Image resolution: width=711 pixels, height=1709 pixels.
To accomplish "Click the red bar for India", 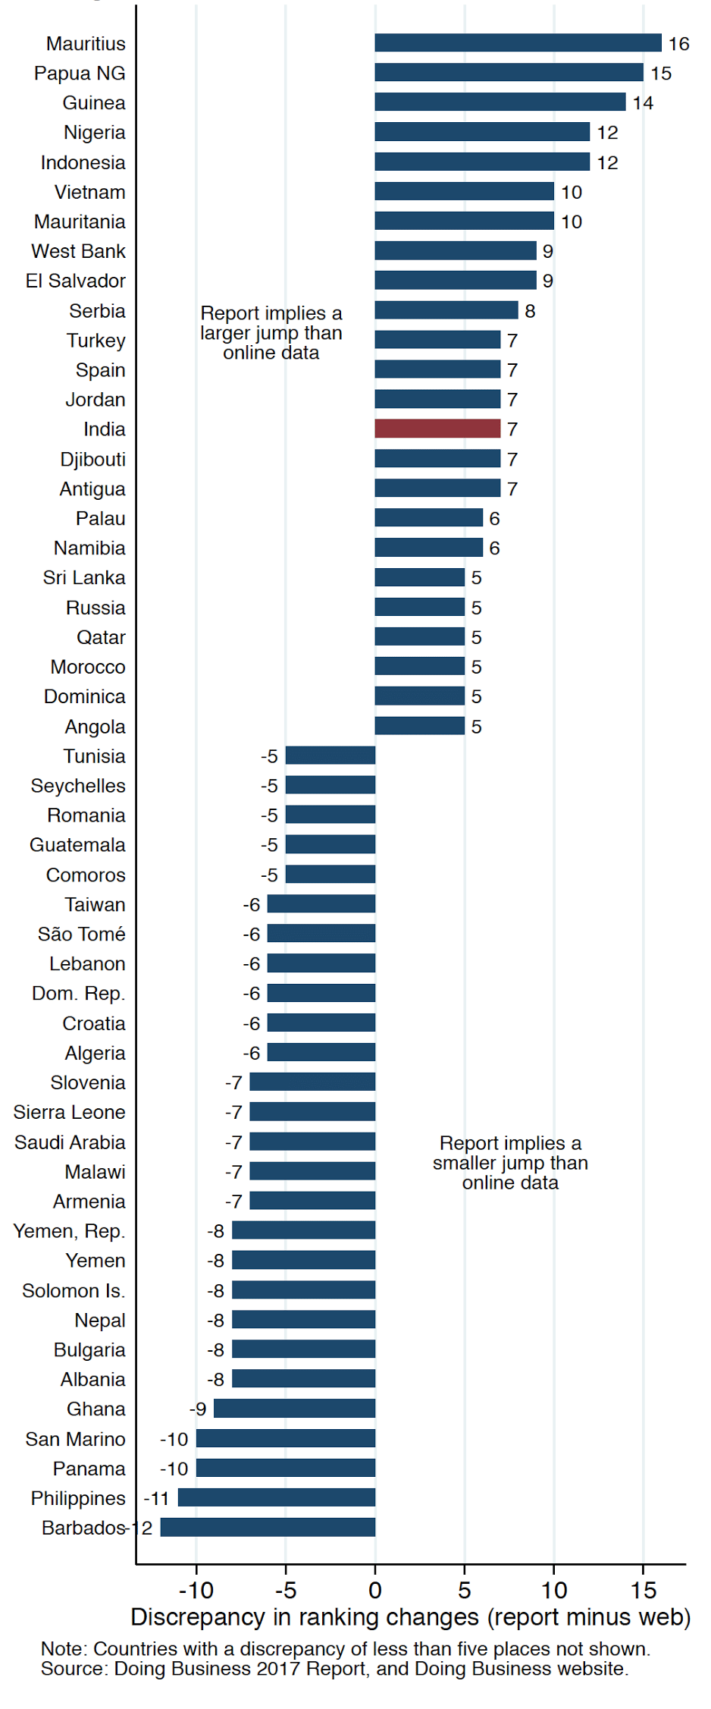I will click(x=437, y=429).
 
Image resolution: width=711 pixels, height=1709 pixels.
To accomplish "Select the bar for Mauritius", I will click(x=518, y=43).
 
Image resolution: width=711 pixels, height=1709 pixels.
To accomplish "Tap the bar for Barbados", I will click(x=268, y=1527).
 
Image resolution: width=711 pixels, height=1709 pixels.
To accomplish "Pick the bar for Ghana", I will click(x=294, y=1409).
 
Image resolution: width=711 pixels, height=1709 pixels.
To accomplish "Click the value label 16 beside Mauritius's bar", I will click(x=678, y=44).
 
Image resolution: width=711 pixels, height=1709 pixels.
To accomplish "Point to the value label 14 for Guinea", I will click(x=643, y=103).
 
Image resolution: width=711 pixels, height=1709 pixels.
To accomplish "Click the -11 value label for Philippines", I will click(x=156, y=1498).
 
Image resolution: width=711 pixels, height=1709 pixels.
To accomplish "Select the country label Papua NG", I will click(x=80, y=74).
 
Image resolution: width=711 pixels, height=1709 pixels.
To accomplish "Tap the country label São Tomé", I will click(x=81, y=934).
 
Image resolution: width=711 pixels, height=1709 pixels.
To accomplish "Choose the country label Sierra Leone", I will click(x=69, y=1112).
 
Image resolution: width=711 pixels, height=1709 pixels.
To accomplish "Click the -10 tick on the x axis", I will click(x=196, y=1590).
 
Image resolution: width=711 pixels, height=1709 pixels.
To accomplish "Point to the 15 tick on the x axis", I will click(x=643, y=1590).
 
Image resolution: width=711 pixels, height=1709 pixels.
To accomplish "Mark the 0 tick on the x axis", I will click(x=375, y=1590).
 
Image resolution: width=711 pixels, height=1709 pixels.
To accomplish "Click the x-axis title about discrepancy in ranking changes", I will click(x=410, y=1617).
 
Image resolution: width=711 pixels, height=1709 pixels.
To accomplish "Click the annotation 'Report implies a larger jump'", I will click(x=271, y=333).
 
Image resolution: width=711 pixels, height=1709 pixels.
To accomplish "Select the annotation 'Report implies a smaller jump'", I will click(x=510, y=1163).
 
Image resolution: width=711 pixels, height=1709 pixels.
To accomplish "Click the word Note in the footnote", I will click(x=64, y=1649).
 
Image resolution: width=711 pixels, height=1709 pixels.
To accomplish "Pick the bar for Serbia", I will click(x=446, y=310).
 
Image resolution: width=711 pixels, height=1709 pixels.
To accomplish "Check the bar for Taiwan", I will click(x=321, y=904).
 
